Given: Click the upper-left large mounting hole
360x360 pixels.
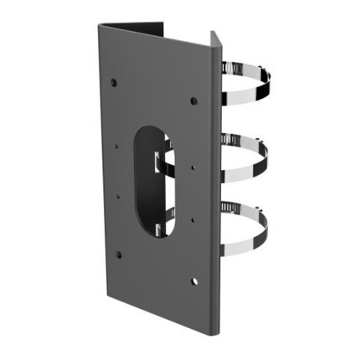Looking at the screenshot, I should pos(114,83).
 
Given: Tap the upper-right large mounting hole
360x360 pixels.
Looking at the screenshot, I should pos(193,100).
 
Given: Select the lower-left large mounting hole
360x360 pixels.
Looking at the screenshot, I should pos(118,254).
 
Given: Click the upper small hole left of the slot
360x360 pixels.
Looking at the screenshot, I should pos(116,144).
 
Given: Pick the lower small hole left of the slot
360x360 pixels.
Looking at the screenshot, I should pos(117,198).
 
